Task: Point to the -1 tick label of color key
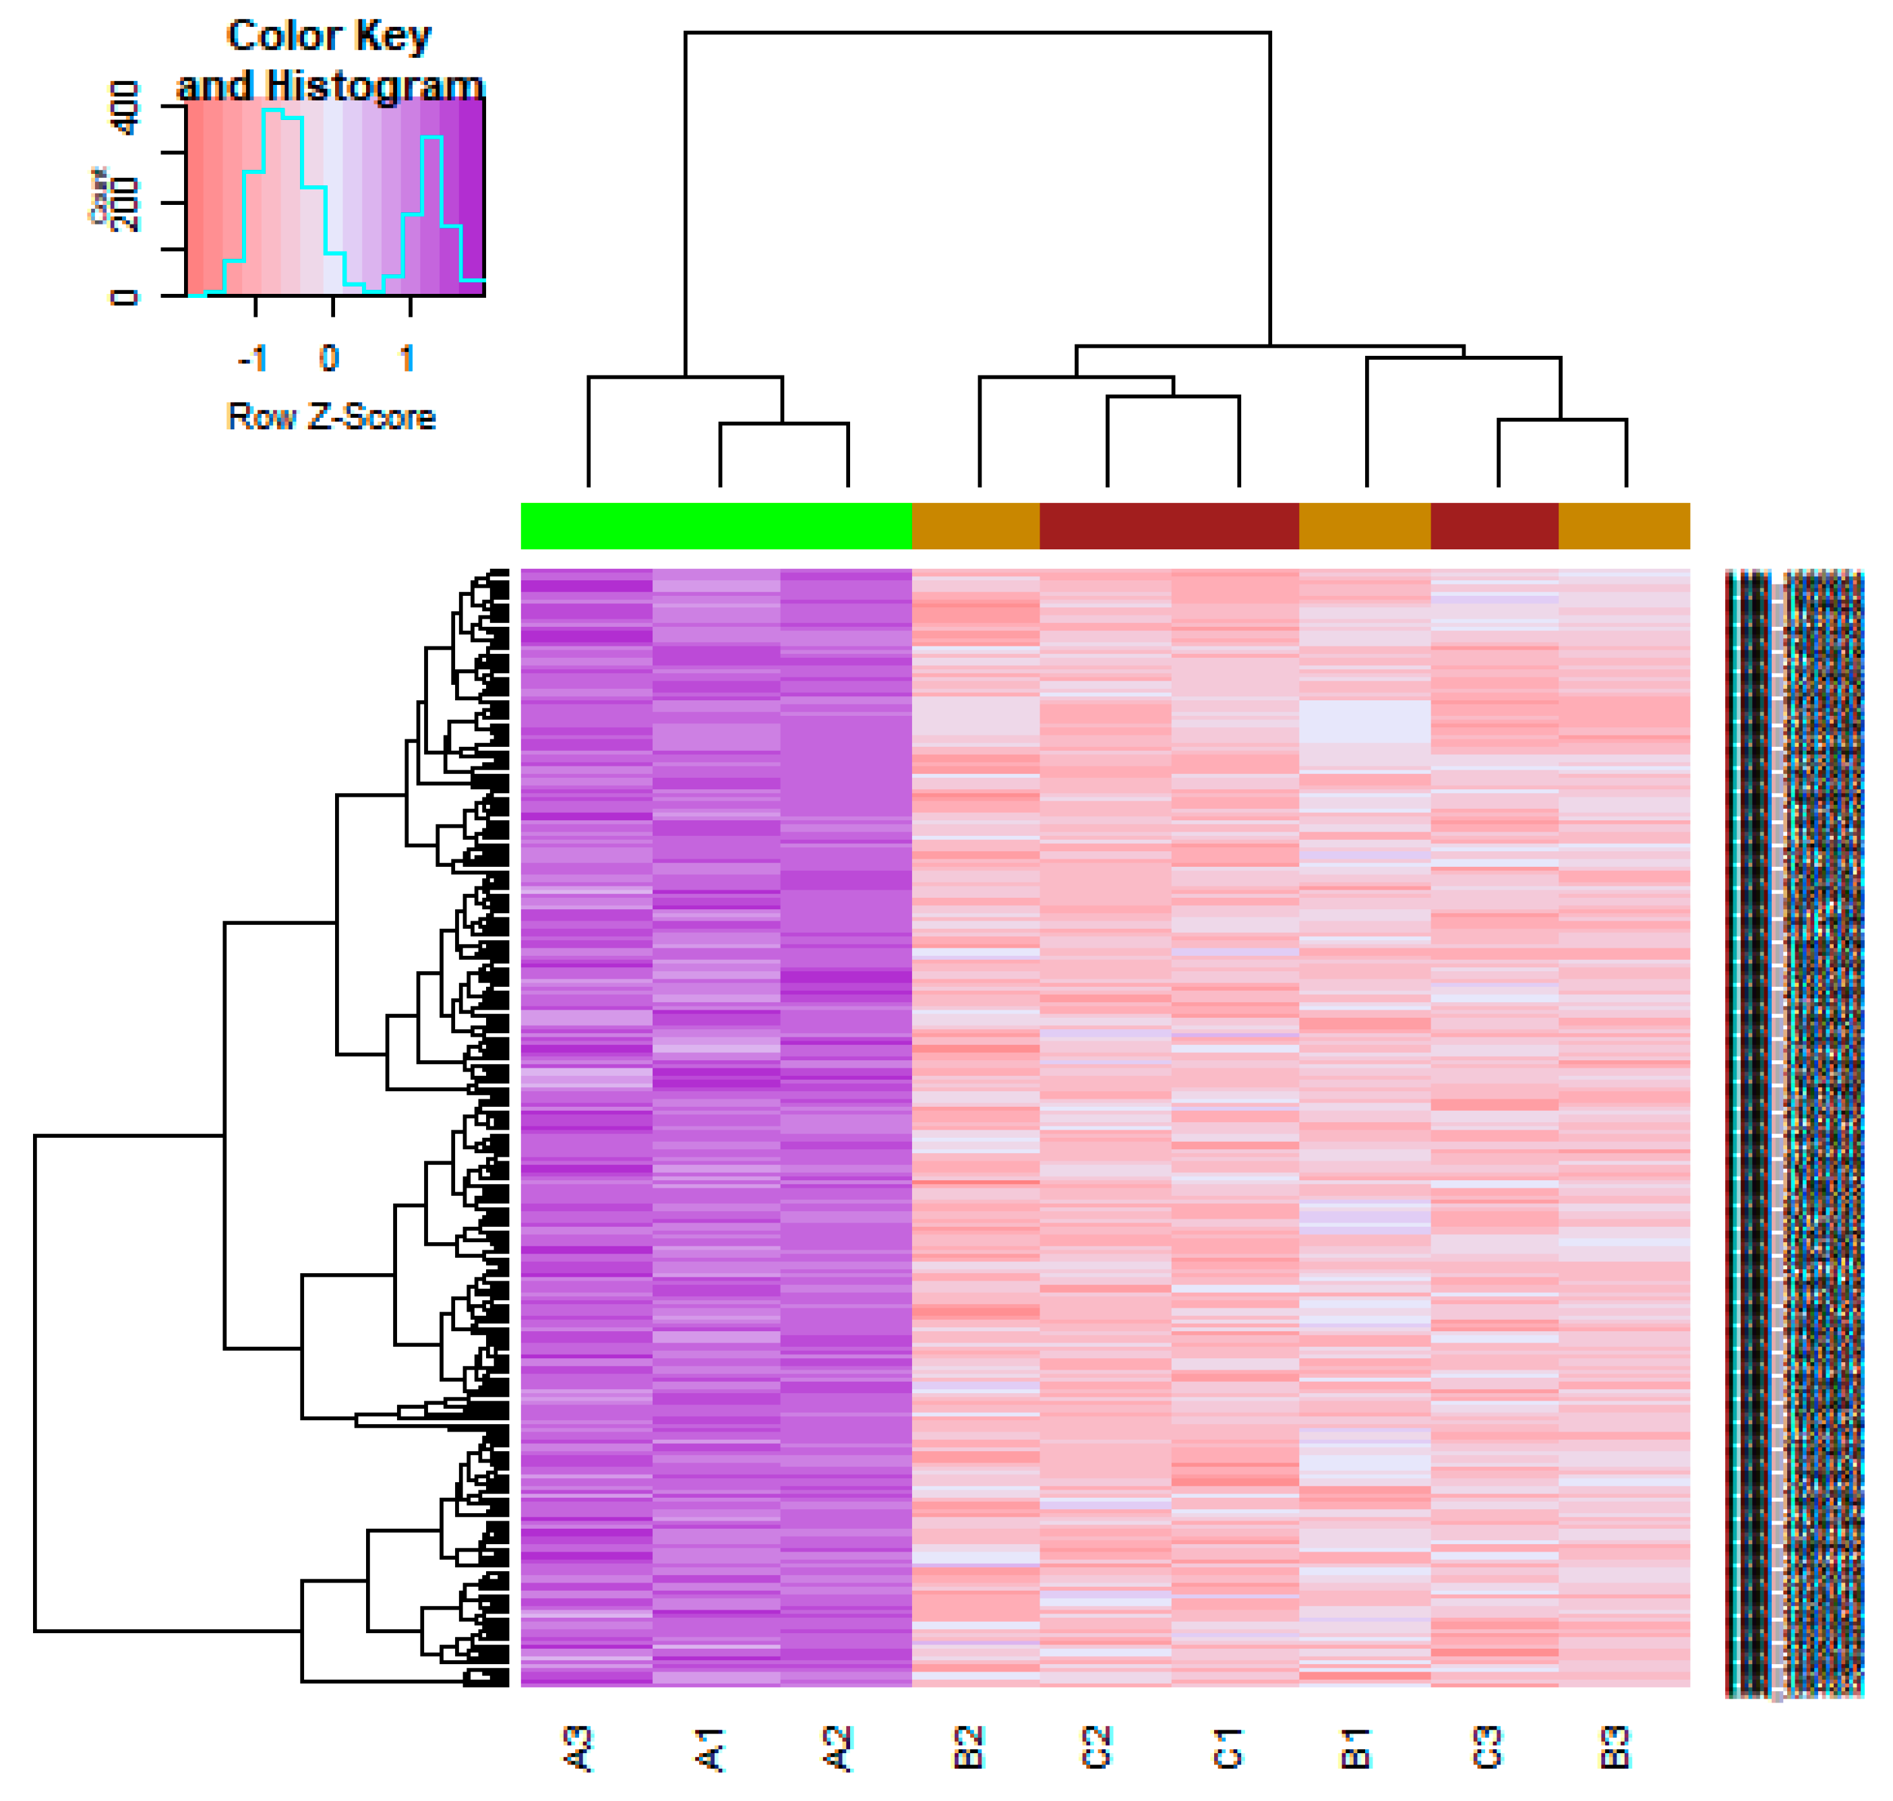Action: pyautogui.click(x=251, y=359)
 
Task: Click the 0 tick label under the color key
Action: pyautogui.click(x=329, y=359)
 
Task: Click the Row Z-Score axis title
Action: pyautogui.click(x=331, y=417)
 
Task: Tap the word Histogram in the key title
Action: pyautogui.click(x=374, y=86)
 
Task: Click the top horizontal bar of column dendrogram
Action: pyautogui.click(x=978, y=32)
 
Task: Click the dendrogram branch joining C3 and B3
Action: pyautogui.click(x=1562, y=419)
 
